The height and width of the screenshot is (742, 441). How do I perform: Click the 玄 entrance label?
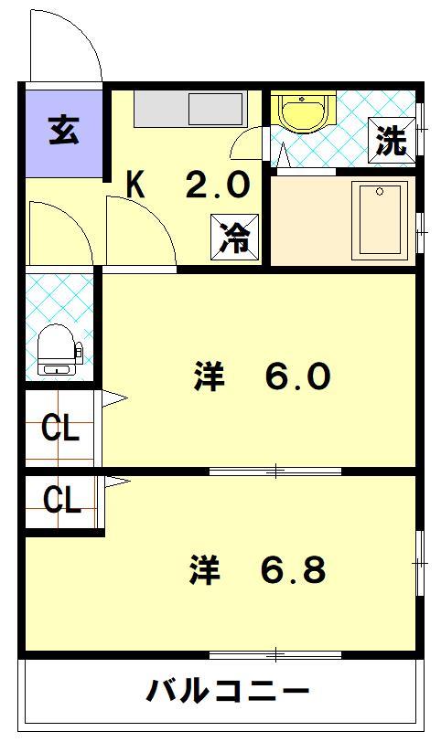(x=62, y=131)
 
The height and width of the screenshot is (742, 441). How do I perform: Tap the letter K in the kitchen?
(x=135, y=186)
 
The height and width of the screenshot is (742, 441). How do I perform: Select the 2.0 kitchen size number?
(x=217, y=186)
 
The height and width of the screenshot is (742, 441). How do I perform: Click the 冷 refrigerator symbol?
(x=233, y=238)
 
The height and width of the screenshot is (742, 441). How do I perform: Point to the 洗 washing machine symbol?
(x=391, y=141)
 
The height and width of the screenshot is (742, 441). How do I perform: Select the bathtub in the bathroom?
(x=381, y=220)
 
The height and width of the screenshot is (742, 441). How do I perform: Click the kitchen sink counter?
(x=189, y=110)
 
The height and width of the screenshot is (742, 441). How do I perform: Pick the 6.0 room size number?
(x=297, y=376)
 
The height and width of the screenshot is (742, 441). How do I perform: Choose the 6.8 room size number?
(x=292, y=570)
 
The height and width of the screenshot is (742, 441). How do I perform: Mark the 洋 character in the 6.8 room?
(x=205, y=570)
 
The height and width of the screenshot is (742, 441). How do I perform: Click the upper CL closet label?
(x=61, y=429)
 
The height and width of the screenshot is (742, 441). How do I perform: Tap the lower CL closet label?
(x=61, y=499)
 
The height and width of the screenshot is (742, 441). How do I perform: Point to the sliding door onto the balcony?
(x=275, y=654)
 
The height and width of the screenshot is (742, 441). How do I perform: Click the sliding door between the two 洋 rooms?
(x=275, y=472)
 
